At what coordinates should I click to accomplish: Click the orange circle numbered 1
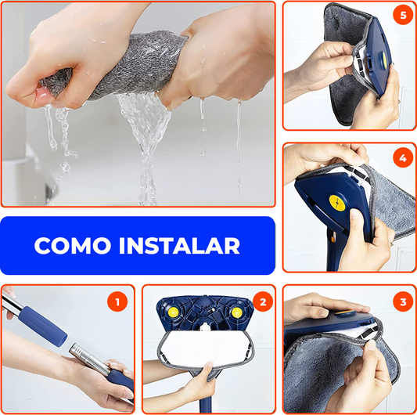pos(117,301)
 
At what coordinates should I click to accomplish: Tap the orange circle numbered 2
pos(263,301)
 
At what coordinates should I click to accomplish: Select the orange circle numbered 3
pos(403,301)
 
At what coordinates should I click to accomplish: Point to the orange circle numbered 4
pos(403,157)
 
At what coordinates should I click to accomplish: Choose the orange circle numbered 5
pos(403,15)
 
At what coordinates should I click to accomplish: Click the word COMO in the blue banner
pos(72,245)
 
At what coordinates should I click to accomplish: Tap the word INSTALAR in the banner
pos(180,245)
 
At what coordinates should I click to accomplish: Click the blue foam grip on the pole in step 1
pos(42,326)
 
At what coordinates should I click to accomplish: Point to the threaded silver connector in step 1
pos(79,350)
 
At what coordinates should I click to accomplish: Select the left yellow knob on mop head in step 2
pos(173,312)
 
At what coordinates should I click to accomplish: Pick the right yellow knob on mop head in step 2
pos(236,312)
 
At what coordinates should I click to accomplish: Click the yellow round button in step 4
pos(337,203)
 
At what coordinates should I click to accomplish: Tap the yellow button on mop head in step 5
pos(385,59)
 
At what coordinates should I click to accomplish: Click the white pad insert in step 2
pos(205,347)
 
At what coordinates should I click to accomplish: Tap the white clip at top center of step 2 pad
pos(204,327)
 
